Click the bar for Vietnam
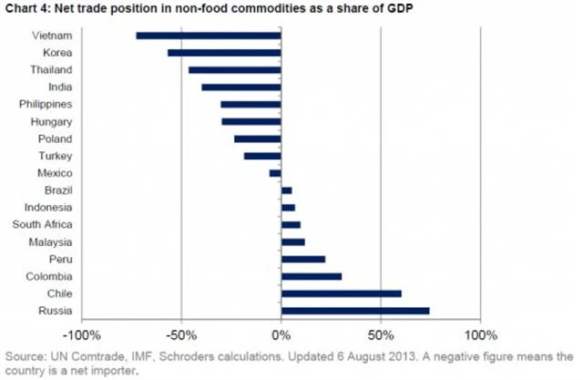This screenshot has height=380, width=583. click(208, 36)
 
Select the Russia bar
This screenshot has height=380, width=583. click(355, 311)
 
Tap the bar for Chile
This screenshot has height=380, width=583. click(342, 293)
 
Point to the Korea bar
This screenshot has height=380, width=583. click(224, 53)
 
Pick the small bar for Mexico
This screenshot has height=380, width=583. click(275, 173)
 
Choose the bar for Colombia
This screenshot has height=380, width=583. click(312, 276)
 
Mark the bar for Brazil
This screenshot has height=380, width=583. click(286, 190)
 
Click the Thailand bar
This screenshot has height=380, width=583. click(234, 70)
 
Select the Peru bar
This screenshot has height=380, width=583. click(303, 260)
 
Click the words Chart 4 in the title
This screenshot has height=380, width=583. click(26, 9)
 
